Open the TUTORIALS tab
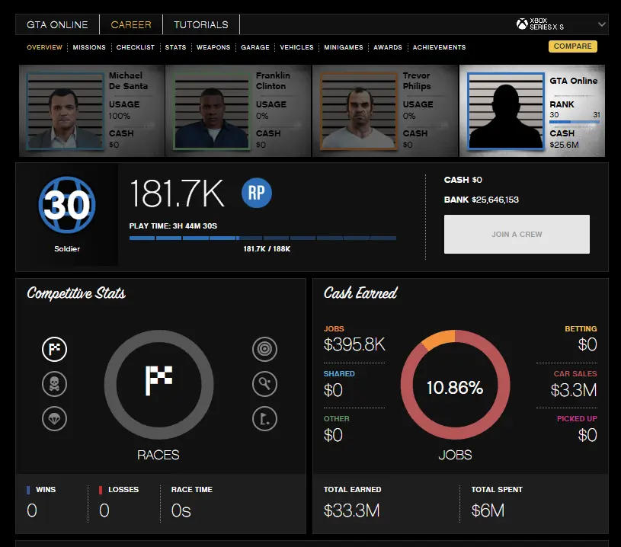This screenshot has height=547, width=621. click(x=201, y=24)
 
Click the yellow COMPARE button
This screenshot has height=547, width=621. click(x=572, y=46)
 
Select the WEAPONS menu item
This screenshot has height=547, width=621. click(x=213, y=47)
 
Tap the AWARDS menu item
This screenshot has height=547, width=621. click(x=388, y=47)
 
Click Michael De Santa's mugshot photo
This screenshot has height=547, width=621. click(x=66, y=110)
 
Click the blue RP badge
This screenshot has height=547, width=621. click(x=256, y=194)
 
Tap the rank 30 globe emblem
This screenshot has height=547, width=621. click(x=66, y=205)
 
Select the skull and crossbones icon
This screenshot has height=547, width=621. click(x=54, y=384)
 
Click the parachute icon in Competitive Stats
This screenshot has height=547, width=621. click(x=54, y=417)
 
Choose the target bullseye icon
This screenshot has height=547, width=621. click(x=264, y=350)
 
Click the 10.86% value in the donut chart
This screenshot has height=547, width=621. click(x=455, y=388)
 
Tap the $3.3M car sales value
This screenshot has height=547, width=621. click(x=574, y=391)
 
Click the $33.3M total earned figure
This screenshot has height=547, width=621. click(x=352, y=510)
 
